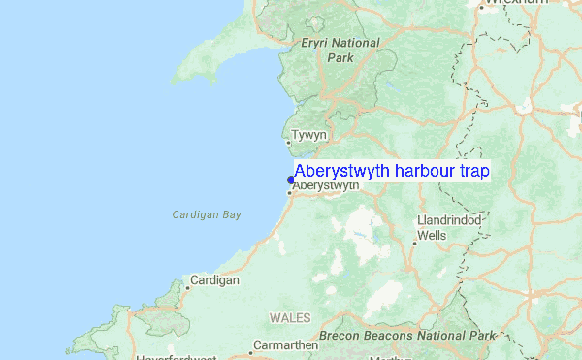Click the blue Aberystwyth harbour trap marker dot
(x=290, y=179)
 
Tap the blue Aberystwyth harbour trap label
(x=391, y=171)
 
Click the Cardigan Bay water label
(x=206, y=214)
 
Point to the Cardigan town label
(x=215, y=279)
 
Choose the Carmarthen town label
(x=285, y=344)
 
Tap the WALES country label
(x=290, y=317)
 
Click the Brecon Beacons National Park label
(x=407, y=335)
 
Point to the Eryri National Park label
(x=339, y=50)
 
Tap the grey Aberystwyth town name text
(x=326, y=185)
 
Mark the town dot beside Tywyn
(x=287, y=142)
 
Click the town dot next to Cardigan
(x=186, y=286)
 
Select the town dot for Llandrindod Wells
(x=414, y=243)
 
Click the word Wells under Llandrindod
(x=432, y=235)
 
